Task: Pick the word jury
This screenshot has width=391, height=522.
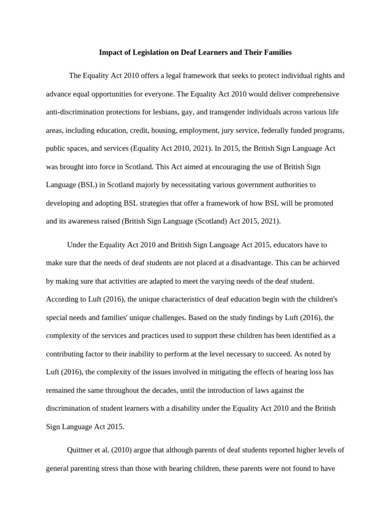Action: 229,130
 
